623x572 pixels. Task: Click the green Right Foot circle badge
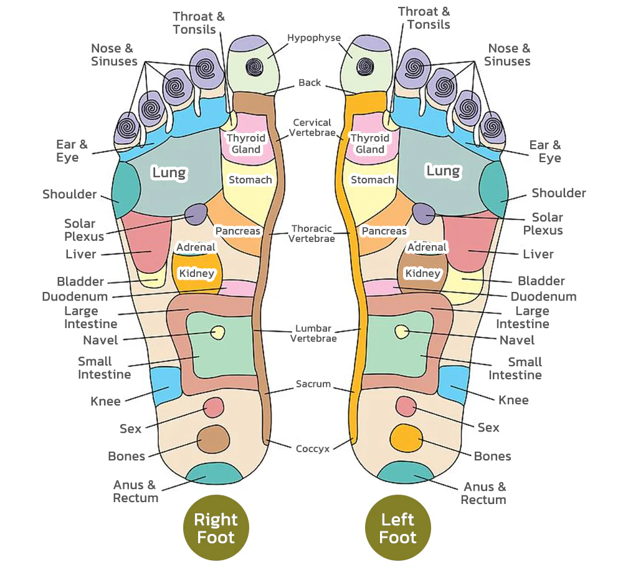(x=216, y=528)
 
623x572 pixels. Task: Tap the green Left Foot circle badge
(x=397, y=528)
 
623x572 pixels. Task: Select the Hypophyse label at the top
(x=314, y=38)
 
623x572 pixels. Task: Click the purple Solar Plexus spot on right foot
(x=196, y=214)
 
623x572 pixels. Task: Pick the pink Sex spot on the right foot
(x=214, y=407)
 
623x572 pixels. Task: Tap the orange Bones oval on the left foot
(x=405, y=439)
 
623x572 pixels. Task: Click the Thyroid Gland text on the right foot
(x=245, y=143)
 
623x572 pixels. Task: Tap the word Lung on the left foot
(x=443, y=170)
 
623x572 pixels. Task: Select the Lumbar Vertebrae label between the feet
(x=313, y=334)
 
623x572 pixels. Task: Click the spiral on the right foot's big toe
(x=255, y=66)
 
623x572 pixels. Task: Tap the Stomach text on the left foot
(x=372, y=180)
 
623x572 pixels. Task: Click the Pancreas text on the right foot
(x=237, y=231)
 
